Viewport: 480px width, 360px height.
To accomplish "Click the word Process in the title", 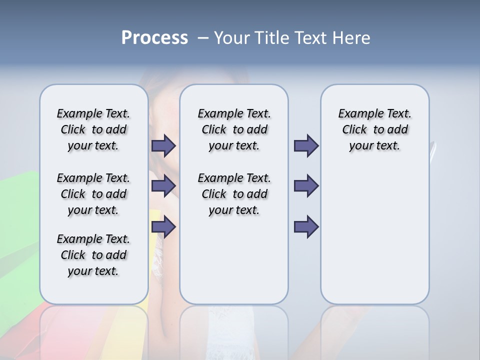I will coord(154,38).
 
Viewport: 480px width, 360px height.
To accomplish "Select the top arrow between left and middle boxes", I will coord(163,145).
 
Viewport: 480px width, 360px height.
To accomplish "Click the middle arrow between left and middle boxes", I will coord(163,186).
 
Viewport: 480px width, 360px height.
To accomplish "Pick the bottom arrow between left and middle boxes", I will coord(163,227).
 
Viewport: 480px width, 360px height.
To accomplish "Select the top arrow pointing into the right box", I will coord(306,145).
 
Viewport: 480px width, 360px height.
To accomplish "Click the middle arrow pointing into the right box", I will coord(306,186).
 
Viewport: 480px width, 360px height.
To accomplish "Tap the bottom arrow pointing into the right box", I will coord(306,227).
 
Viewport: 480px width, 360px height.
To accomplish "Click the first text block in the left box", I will coord(93,129).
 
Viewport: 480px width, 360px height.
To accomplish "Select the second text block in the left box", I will coord(93,194).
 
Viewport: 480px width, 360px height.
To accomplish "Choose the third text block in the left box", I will coord(93,255).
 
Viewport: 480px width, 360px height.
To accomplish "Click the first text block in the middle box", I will coord(234,129).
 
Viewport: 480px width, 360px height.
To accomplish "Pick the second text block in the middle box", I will coord(234,194).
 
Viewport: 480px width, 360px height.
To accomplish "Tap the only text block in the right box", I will coord(374,129).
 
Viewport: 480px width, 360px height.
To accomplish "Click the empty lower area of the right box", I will coord(374,235).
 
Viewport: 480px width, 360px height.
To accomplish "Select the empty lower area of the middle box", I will coord(234,260).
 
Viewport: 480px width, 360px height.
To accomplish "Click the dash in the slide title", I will coord(203,38).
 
